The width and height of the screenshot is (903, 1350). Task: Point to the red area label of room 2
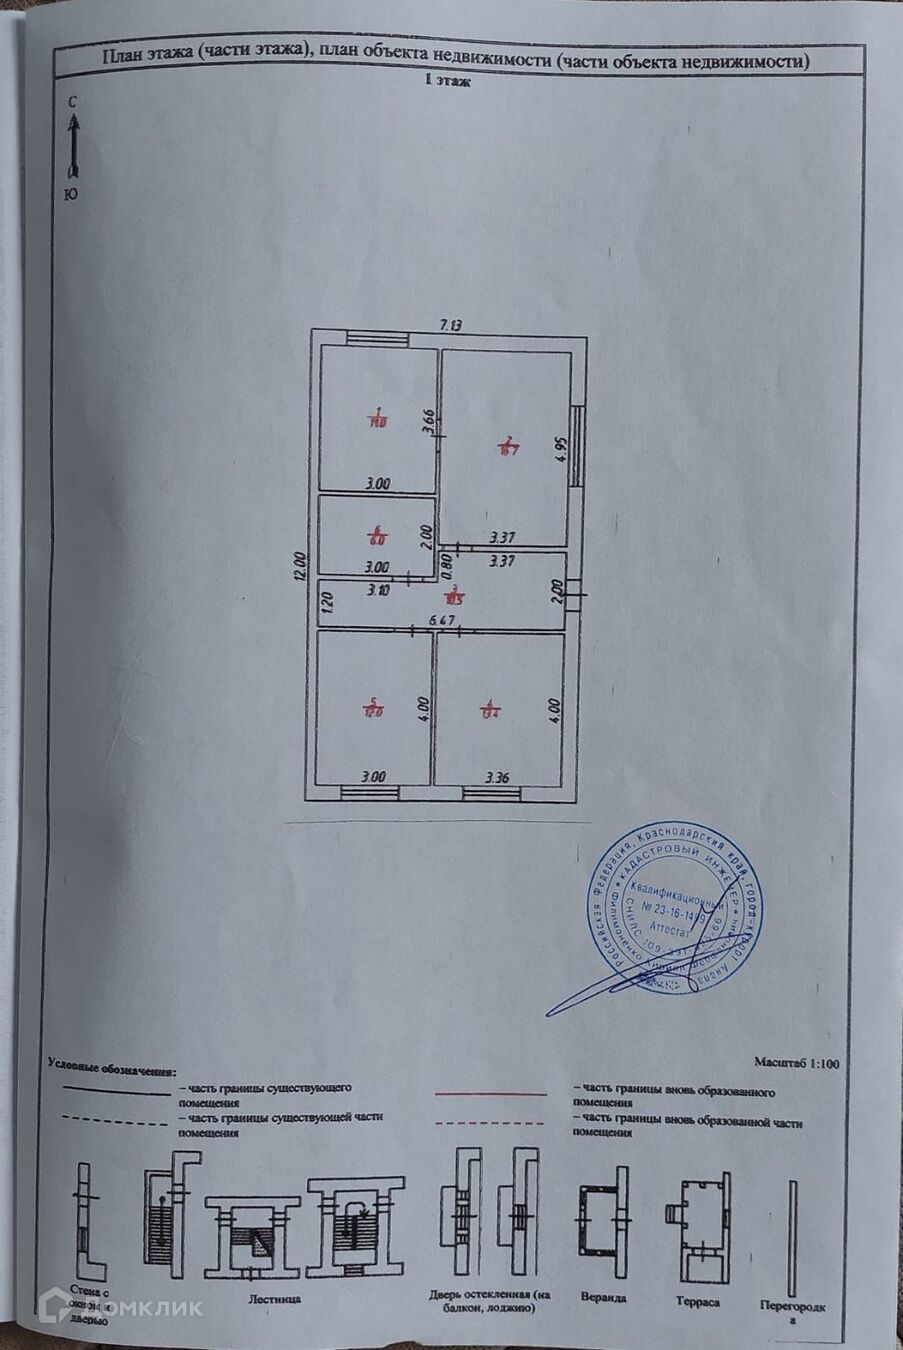(x=508, y=446)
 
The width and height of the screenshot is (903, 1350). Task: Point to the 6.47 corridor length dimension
(x=443, y=622)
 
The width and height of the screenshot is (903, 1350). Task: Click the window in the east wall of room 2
(x=578, y=446)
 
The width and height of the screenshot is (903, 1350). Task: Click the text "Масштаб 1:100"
(x=796, y=1063)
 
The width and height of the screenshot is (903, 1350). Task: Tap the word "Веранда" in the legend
(x=603, y=1297)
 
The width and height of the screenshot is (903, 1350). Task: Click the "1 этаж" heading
(x=447, y=83)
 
